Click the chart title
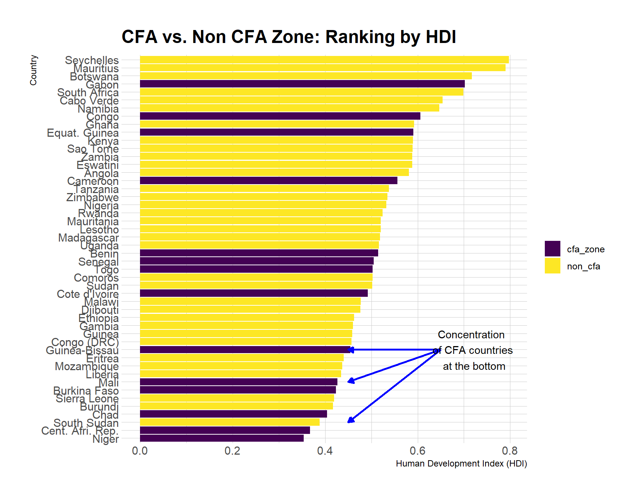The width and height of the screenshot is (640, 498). tap(289, 37)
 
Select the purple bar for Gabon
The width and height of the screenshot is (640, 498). tap(302, 84)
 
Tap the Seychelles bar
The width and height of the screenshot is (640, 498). tap(324, 60)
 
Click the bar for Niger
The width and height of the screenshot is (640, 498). tap(221, 438)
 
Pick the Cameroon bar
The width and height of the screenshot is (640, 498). tap(269, 180)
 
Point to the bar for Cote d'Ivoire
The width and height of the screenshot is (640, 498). tap(254, 293)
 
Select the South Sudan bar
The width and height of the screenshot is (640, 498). tap(230, 422)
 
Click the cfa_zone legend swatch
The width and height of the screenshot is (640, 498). tap(552, 249)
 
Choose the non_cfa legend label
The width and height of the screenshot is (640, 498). tap(583, 266)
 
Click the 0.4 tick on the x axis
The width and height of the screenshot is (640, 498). tap(325, 451)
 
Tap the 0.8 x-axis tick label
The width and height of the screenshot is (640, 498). tap(510, 451)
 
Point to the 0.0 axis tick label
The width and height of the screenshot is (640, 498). tap(140, 451)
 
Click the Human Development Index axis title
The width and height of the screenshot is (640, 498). tap(461, 464)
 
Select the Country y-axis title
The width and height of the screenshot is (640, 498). tap(33, 70)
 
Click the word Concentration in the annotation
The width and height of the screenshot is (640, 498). tap(471, 335)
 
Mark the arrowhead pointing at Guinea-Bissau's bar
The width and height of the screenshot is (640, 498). tap(350, 350)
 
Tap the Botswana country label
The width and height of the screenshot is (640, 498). tap(94, 77)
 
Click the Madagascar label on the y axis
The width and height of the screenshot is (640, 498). tap(89, 238)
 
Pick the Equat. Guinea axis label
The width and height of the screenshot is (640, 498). tap(83, 133)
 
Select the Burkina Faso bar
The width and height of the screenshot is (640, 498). tap(238, 390)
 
